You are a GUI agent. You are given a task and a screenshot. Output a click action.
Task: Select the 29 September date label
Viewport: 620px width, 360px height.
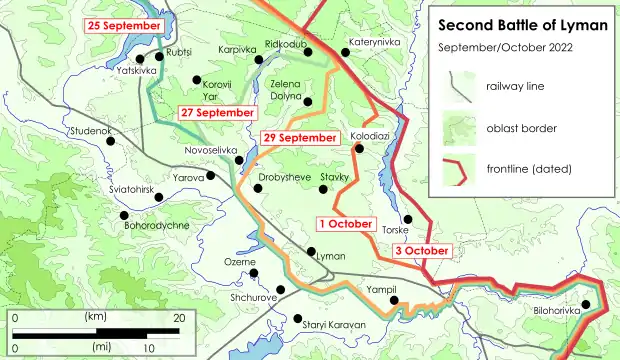(x=298, y=137)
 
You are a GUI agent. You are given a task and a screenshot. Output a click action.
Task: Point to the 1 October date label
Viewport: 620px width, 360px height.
(x=347, y=223)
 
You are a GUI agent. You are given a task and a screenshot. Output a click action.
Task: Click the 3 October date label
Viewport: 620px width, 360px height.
(x=420, y=251)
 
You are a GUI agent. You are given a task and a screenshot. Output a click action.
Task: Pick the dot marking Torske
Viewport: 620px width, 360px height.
(x=406, y=219)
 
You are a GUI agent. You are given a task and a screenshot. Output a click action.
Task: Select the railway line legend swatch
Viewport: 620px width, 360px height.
(x=458, y=87)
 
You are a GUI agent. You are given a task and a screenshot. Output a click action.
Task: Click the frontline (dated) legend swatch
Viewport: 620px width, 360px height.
(x=458, y=171)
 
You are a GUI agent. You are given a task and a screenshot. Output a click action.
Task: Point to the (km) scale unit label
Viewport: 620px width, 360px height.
(x=97, y=316)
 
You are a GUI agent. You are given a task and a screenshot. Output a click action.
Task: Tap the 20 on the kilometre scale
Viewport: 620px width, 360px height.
(x=181, y=317)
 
